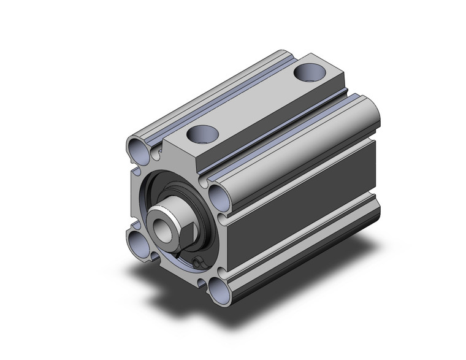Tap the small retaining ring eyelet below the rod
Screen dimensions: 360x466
197,263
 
